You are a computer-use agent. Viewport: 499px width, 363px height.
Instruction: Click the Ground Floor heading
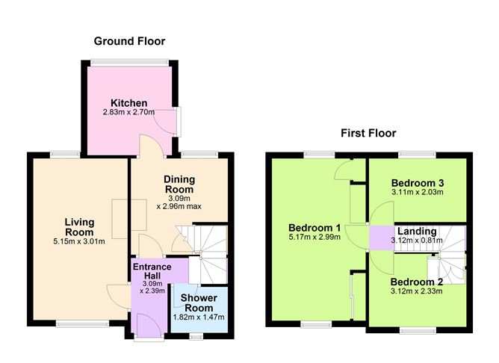[129, 41]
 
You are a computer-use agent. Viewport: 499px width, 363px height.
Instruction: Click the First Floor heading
[368, 134]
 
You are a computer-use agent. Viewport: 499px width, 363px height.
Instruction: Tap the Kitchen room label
[129, 102]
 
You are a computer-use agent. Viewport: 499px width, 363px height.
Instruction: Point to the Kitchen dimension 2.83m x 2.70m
[129, 113]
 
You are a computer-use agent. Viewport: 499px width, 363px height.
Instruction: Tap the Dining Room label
[179, 184]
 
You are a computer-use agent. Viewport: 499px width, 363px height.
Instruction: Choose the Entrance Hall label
[152, 271]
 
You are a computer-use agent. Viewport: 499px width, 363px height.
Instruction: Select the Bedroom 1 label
[315, 228]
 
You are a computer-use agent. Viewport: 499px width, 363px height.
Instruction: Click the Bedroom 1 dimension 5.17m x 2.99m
[315, 238]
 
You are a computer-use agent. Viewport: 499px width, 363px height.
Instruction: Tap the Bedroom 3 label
[418, 183]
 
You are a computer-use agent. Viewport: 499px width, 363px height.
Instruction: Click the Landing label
[417, 231]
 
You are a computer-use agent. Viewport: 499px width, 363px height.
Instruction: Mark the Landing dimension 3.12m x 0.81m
[417, 241]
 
